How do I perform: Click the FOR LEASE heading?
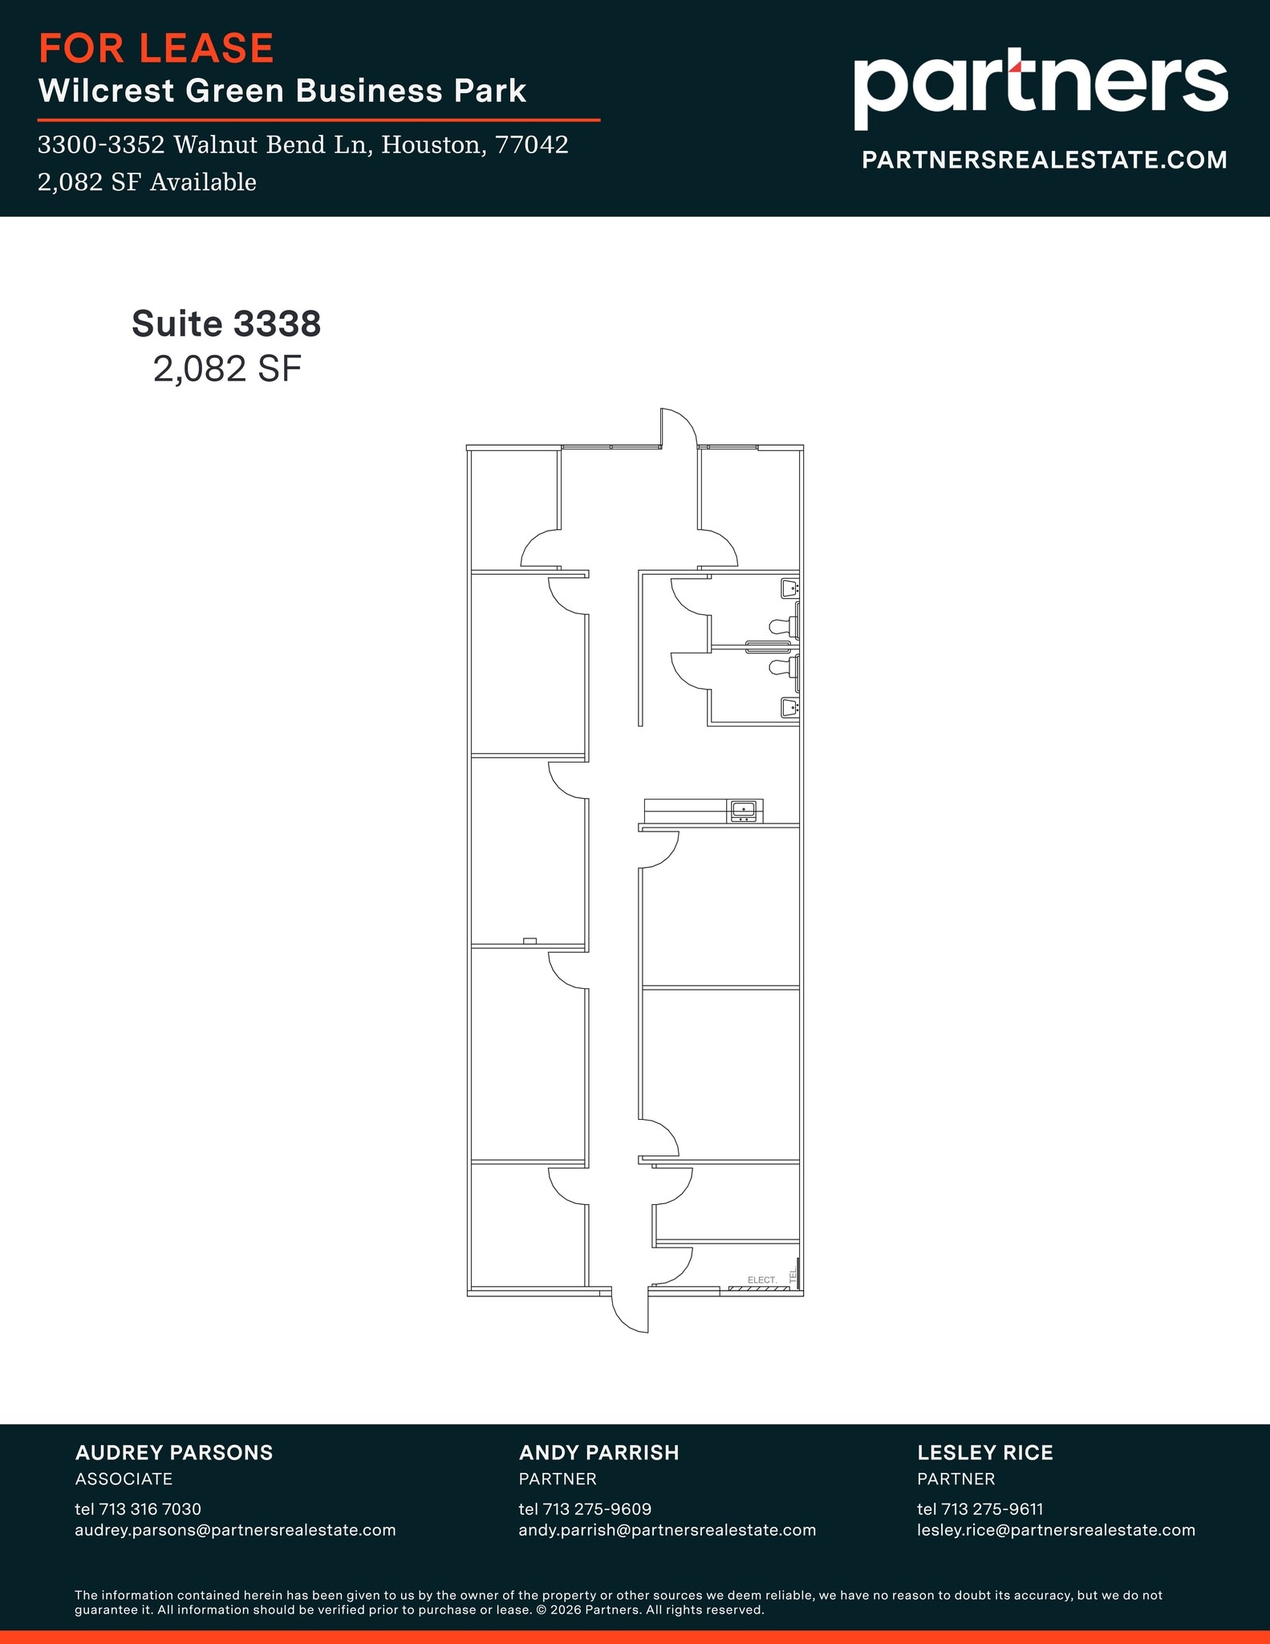pos(156,48)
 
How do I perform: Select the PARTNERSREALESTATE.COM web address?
pos(1044,160)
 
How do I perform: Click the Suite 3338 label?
pos(226,324)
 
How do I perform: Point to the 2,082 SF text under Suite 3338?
pos(227,369)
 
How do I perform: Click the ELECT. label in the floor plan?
pos(761,1280)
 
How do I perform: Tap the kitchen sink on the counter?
pos(743,809)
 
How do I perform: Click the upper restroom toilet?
pos(782,625)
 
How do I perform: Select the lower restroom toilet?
pos(782,666)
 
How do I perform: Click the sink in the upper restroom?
pos(789,588)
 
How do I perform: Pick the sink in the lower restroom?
pos(789,706)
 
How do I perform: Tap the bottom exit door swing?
pos(630,1310)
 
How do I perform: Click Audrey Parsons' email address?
pos(235,1530)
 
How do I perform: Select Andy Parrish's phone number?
pos(585,1509)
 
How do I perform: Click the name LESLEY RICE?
pos(984,1452)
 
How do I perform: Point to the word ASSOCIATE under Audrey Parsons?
pos(124,1479)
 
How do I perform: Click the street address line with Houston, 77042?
pos(302,144)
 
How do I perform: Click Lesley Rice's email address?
pos(1056,1530)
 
